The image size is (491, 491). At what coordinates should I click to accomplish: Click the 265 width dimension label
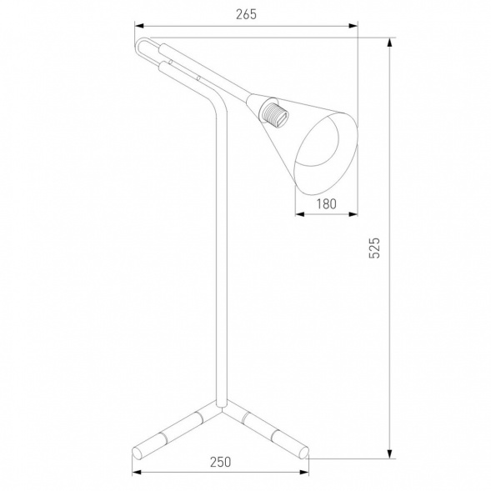click(x=246, y=14)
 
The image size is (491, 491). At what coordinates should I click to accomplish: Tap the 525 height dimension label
click(x=374, y=248)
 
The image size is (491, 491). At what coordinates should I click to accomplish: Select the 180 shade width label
click(x=326, y=204)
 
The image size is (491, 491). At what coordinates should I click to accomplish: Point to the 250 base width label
click(x=220, y=462)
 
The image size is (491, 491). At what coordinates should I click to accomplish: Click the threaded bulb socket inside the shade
click(x=274, y=113)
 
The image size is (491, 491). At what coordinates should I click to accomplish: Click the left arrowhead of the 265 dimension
click(x=139, y=26)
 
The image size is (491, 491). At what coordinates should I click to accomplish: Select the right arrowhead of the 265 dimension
click(x=353, y=26)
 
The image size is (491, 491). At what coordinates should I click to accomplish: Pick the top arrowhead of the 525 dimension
click(x=389, y=43)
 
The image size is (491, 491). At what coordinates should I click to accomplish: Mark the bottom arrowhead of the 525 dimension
click(x=389, y=454)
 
